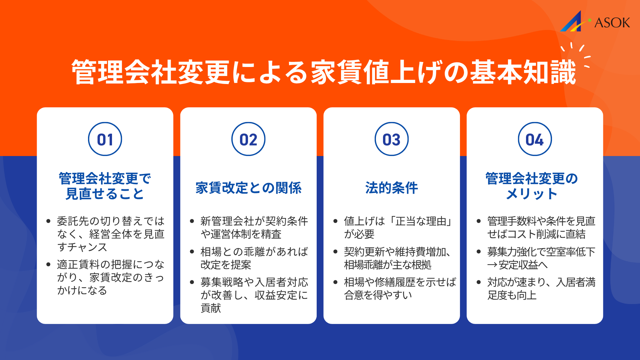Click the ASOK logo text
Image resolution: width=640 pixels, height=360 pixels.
pos(612,23)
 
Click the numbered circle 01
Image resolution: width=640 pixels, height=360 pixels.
pos(105,139)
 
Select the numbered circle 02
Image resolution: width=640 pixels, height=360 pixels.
pos(248,139)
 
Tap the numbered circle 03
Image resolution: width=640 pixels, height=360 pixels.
pos(391,139)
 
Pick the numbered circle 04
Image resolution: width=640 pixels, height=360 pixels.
pos(535,139)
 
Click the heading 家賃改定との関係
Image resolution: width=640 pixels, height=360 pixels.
pos(248,188)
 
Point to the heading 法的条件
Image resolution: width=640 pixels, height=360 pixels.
pos(391,188)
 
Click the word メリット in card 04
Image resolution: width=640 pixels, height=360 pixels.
pos(532,194)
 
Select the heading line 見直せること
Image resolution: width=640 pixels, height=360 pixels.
pos(105,194)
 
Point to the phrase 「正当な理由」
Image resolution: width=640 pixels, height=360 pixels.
pos(421,221)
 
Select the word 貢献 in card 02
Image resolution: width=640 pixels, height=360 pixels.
pos(211,308)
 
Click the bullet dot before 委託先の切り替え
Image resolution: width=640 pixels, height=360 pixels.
pos(49,221)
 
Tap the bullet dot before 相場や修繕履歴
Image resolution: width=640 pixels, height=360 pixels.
pos(335,282)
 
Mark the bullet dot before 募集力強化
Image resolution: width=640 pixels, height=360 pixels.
pos(479,252)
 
